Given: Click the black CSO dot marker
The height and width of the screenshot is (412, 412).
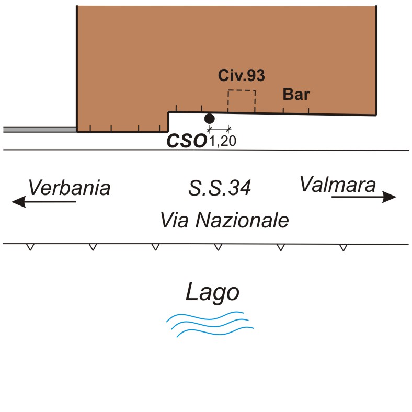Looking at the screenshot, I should tap(209, 118).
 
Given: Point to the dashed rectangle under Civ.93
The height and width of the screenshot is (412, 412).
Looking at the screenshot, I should tap(241, 101).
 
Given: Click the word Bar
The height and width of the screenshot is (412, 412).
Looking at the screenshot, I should tap(296, 95).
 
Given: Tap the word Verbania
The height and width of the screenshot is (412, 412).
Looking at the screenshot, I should tap(69, 188).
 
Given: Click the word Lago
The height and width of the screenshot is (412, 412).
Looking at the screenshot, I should tap(212, 293).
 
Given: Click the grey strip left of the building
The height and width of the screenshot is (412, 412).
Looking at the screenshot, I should tap(40, 129).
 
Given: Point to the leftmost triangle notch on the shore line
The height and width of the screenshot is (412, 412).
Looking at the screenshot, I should tap(30, 247).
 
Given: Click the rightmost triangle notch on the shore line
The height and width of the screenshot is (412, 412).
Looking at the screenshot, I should tap(343, 247).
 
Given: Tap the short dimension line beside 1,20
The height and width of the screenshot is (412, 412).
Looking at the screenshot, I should tap(219, 129).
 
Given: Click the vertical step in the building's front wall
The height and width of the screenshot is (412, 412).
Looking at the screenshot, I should tap(168, 122).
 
